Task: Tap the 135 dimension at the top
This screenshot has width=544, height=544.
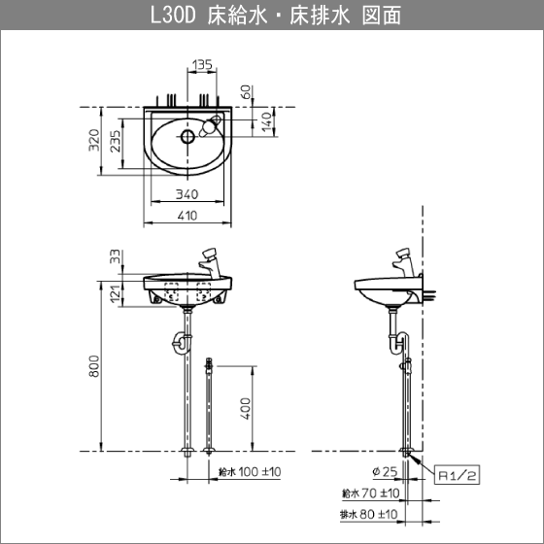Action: pos(202,65)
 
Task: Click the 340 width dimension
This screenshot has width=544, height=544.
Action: pos(188,194)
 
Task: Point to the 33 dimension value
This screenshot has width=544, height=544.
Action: pos(116,257)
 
